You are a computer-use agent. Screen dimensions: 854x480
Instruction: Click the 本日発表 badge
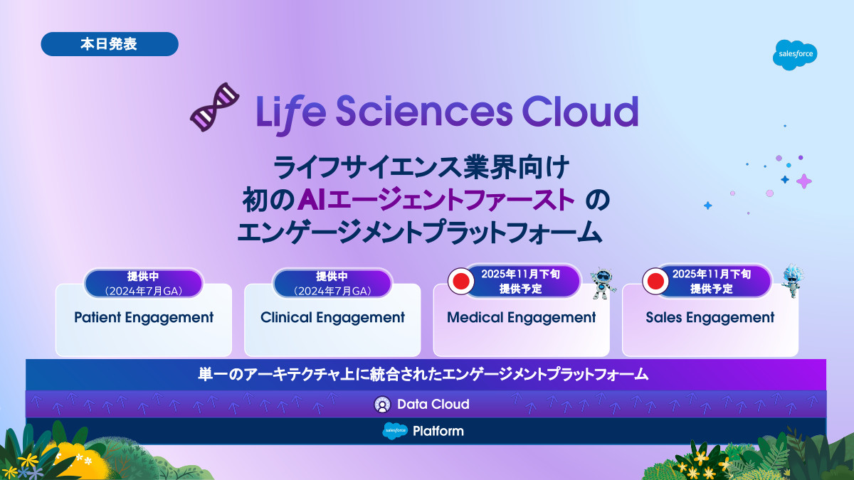pos(110,44)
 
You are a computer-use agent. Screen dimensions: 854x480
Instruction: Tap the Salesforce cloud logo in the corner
pos(795,55)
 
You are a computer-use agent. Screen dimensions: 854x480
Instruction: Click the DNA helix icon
pos(215,107)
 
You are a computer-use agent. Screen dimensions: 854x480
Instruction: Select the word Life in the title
pos(291,113)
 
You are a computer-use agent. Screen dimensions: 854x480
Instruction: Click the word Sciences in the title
pos(424,111)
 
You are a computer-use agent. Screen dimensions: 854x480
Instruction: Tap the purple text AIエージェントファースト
pos(436,199)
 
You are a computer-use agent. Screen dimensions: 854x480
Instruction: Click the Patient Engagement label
pos(144,318)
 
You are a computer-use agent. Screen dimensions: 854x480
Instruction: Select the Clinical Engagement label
pos(332,318)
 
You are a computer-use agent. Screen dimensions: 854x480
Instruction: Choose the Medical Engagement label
pos(521,318)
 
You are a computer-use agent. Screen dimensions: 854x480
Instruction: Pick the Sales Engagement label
pos(710,318)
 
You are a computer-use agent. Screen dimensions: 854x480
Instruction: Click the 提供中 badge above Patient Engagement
pos(143,284)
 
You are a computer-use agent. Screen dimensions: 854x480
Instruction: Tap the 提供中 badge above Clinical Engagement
pos(332,284)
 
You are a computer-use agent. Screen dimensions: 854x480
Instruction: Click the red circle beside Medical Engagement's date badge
pos(461,281)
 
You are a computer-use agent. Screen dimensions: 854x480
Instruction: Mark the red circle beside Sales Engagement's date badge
pos(655,281)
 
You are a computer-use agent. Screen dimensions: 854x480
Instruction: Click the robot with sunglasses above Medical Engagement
pos(602,283)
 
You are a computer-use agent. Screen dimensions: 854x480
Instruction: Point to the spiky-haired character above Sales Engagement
pos(792,280)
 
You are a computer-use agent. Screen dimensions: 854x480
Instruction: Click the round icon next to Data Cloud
pos(382,404)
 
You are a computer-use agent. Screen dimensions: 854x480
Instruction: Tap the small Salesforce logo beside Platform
pos(395,431)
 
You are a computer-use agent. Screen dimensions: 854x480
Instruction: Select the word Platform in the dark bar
pos(438,431)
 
